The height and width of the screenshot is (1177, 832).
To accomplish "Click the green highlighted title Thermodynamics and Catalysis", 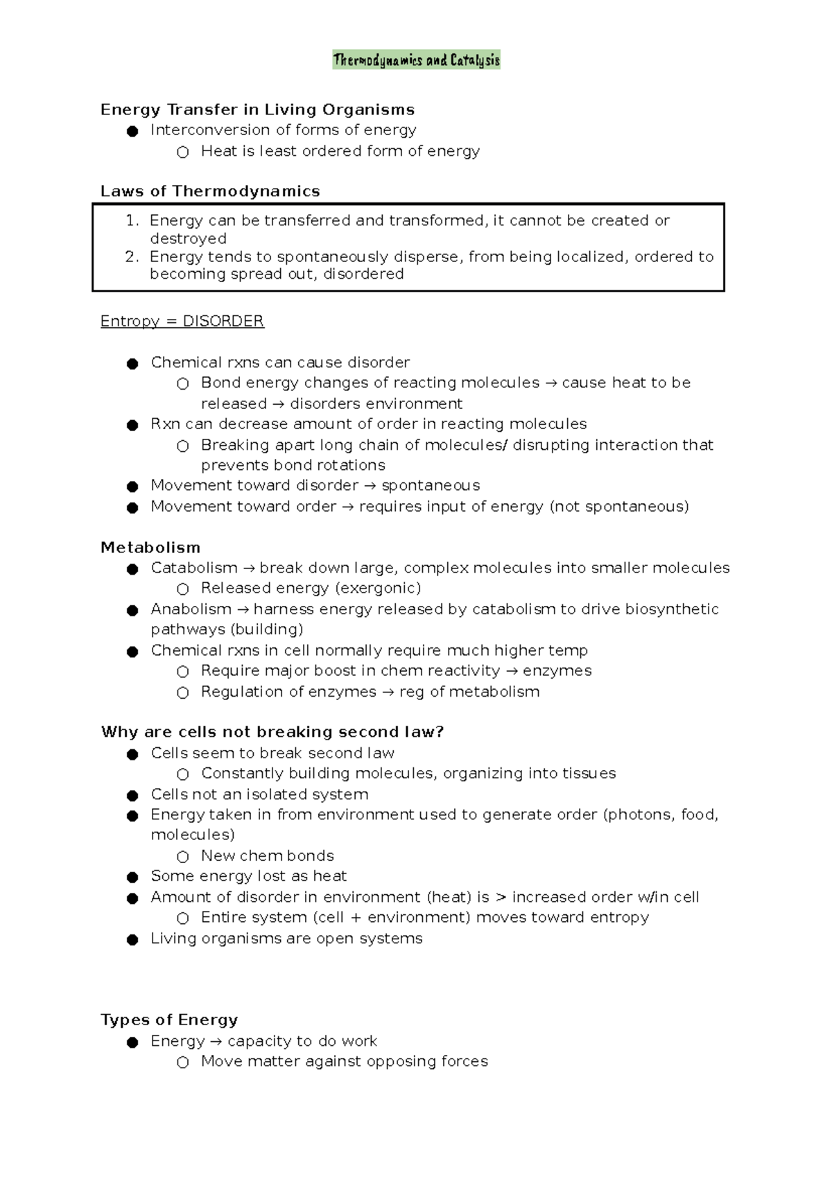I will click(x=416, y=60).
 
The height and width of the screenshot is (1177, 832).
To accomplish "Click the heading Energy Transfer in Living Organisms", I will click(x=257, y=110).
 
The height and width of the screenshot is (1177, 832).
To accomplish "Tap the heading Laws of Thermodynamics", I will click(x=210, y=191).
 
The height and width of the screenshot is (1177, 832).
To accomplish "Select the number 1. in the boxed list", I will click(x=132, y=220).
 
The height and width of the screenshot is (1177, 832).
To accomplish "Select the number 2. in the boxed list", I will click(x=132, y=256).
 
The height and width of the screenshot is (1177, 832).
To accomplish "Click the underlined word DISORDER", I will click(x=223, y=322).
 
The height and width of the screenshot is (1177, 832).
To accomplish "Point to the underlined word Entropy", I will click(x=130, y=322).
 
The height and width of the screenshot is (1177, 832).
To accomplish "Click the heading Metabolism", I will click(x=150, y=548).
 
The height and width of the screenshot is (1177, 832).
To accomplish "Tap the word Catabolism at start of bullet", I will click(x=194, y=568).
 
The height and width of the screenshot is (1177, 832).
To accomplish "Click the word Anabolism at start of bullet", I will click(x=191, y=609).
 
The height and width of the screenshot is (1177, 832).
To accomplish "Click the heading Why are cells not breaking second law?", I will click(x=272, y=732).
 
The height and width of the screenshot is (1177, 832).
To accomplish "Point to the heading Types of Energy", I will click(x=169, y=1020).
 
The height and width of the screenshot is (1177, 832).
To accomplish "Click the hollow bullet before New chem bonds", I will click(x=182, y=857).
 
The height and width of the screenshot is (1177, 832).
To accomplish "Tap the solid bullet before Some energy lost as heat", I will click(x=132, y=878).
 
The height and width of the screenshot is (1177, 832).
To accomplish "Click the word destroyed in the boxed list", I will click(x=188, y=238).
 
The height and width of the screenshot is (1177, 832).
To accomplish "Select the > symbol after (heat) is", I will click(x=502, y=897).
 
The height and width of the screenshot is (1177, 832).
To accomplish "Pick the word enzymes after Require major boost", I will click(x=557, y=671).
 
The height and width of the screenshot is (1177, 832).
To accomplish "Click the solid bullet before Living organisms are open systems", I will click(x=132, y=940).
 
